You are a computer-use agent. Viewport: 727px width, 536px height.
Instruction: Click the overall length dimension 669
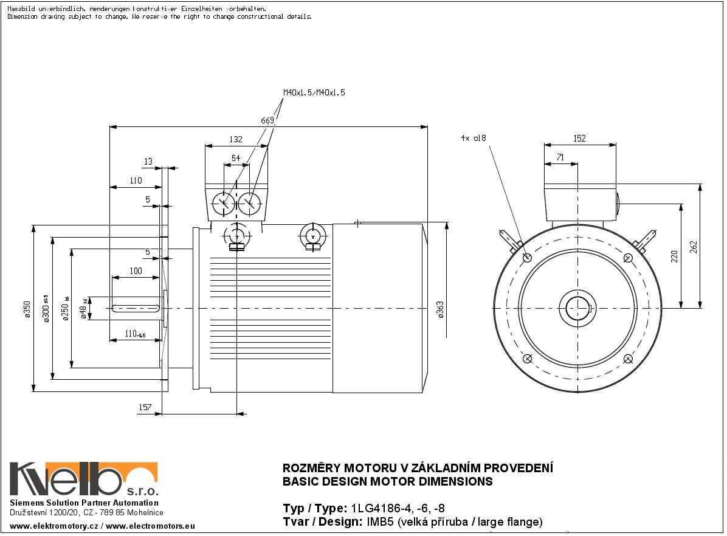pyautogui.click(x=267, y=120)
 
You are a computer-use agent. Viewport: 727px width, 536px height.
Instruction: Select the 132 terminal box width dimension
pyautogui.click(x=235, y=139)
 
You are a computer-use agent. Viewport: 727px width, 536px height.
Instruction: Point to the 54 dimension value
pyautogui.click(x=235, y=158)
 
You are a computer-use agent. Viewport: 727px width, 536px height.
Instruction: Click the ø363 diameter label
pyautogui.click(x=441, y=310)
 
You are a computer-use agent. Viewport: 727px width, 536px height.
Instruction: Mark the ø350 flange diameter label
pyautogui.click(x=26, y=310)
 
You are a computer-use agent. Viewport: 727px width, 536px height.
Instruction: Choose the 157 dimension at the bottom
pyautogui.click(x=145, y=407)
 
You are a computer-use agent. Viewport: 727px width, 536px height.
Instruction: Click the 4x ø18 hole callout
pyautogui.click(x=473, y=138)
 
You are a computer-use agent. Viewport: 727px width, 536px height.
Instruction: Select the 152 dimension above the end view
pyautogui.click(x=579, y=139)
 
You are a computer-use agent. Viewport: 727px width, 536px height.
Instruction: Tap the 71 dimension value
pyautogui.click(x=560, y=157)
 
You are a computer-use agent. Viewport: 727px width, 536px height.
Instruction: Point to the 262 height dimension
pyautogui.click(x=694, y=247)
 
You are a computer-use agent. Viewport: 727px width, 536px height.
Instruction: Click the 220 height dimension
pyautogui.click(x=674, y=256)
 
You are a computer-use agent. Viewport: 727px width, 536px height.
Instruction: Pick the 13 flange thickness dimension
pyautogui.click(x=148, y=161)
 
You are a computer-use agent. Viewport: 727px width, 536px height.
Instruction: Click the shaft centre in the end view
pyautogui.click(x=578, y=308)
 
